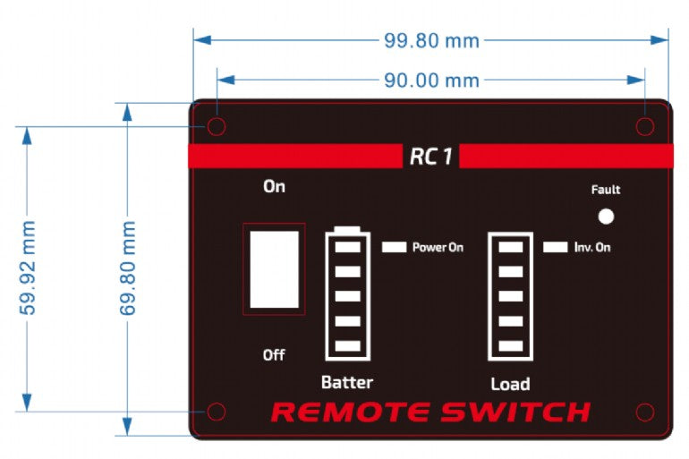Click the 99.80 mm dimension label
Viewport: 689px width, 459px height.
click(431, 40)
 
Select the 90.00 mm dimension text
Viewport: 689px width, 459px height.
click(431, 81)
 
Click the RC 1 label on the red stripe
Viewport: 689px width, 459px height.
click(431, 157)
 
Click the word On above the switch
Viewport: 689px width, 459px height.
click(274, 187)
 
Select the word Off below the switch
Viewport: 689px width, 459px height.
click(274, 355)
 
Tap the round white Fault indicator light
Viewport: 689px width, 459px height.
click(606, 217)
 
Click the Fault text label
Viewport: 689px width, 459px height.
click(606, 190)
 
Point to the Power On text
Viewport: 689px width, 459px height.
click(438, 247)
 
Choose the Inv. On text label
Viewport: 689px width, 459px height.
click(592, 247)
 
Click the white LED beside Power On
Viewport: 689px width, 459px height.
click(394, 246)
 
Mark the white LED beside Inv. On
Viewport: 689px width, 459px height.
click(555, 246)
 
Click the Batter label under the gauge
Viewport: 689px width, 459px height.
click(347, 382)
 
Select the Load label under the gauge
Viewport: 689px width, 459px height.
click(510, 384)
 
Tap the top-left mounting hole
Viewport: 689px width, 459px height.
click(216, 126)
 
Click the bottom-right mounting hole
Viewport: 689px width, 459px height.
click(645, 412)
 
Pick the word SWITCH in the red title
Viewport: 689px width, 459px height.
click(515, 412)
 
